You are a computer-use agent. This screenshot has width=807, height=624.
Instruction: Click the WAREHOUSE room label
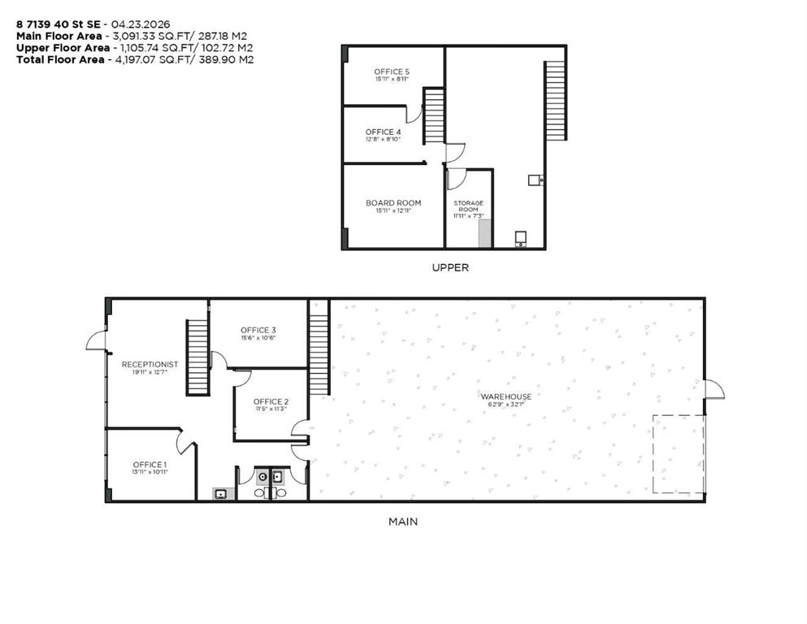pyautogui.click(x=510, y=396)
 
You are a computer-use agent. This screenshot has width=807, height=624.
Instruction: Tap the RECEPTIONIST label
pyautogui.click(x=150, y=364)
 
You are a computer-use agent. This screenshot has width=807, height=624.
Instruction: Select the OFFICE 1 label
pyautogui.click(x=150, y=465)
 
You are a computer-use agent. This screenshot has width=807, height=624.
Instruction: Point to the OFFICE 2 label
pyautogui.click(x=271, y=401)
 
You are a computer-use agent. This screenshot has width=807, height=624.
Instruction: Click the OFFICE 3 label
pyautogui.click(x=258, y=330)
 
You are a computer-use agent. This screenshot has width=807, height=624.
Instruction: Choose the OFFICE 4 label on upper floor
pyautogui.click(x=383, y=132)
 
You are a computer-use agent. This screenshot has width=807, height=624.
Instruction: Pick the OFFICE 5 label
pyautogui.click(x=392, y=72)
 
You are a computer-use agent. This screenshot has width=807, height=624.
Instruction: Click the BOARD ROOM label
pyautogui.click(x=393, y=203)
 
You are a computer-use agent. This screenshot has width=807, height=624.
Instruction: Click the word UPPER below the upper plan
pyautogui.click(x=451, y=267)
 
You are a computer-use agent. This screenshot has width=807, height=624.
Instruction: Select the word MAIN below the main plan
pyautogui.click(x=403, y=522)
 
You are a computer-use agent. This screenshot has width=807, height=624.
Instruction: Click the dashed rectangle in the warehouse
pyautogui.click(x=679, y=453)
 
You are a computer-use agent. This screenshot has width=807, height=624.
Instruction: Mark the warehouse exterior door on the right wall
pyautogui.click(x=714, y=389)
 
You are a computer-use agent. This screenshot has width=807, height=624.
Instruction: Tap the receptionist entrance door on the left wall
pyautogui.click(x=97, y=341)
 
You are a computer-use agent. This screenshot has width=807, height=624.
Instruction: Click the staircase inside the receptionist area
pyautogui.click(x=197, y=357)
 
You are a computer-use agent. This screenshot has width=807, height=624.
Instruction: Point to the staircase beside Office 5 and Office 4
pyautogui.click(x=434, y=116)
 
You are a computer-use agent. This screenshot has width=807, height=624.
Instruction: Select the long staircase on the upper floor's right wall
pyautogui.click(x=555, y=99)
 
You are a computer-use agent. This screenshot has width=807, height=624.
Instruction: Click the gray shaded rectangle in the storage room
pyautogui.click(x=485, y=233)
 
